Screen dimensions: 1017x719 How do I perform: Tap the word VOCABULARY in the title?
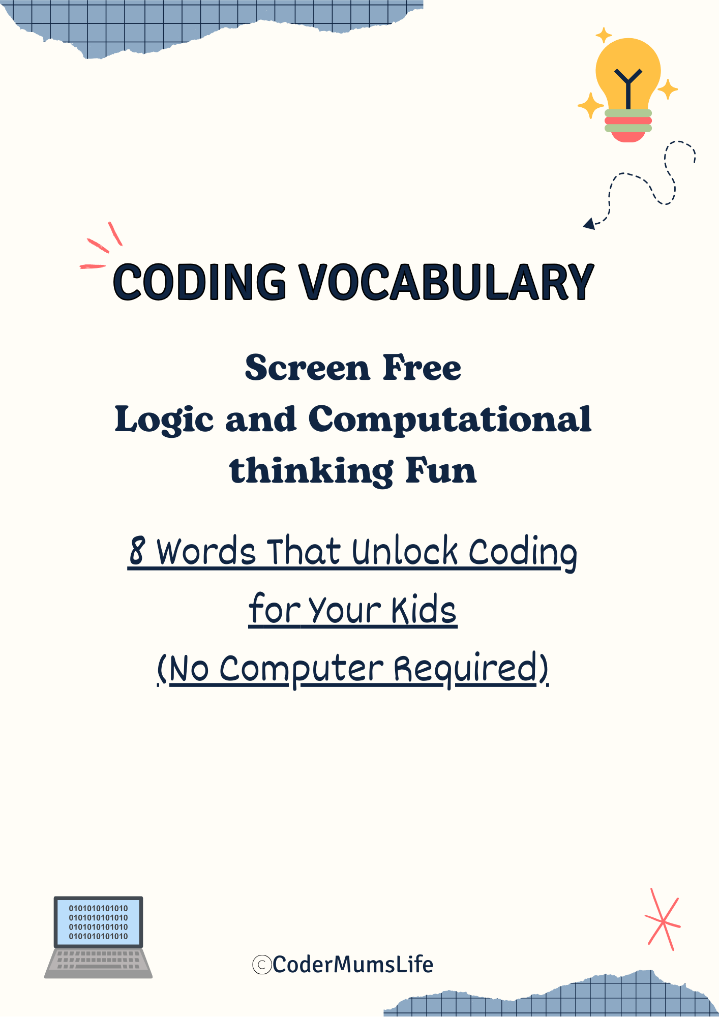(445, 282)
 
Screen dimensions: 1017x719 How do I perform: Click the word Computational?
(450, 420)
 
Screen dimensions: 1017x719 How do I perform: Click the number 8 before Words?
(137, 551)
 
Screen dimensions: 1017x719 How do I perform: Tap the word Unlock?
(405, 551)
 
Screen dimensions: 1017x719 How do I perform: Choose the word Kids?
(424, 610)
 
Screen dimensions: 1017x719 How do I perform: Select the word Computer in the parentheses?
(302, 669)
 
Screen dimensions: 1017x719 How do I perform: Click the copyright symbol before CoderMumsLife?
(262, 965)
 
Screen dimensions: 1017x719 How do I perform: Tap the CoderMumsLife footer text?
(352, 965)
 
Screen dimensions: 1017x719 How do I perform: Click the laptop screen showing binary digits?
(99, 922)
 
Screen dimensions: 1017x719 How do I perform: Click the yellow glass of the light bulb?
(628, 71)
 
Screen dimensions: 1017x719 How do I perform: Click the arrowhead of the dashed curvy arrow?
(589, 223)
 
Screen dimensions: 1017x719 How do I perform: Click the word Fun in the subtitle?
(441, 471)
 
